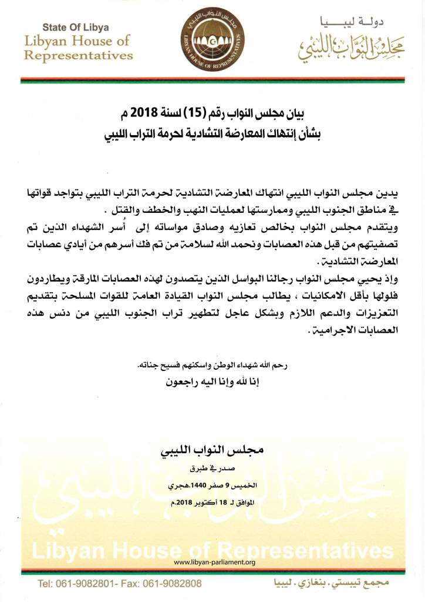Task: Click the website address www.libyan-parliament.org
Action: coord(215,563)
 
